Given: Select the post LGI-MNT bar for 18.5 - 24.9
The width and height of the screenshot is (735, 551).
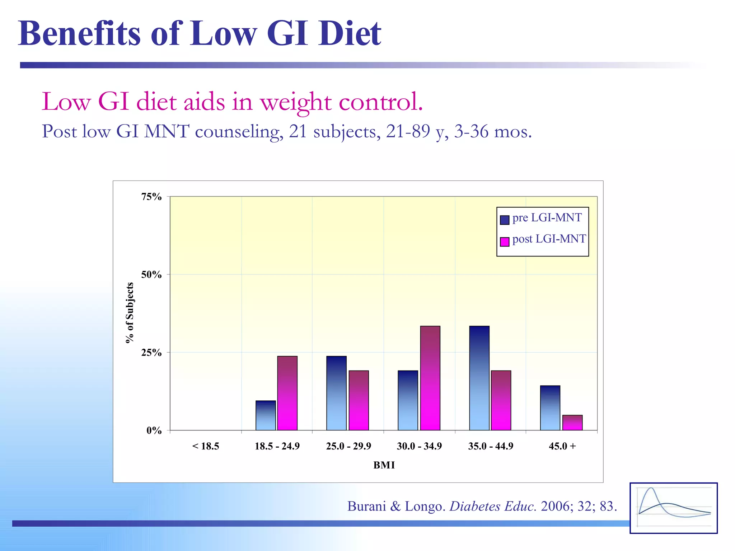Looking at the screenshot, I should click(287, 393).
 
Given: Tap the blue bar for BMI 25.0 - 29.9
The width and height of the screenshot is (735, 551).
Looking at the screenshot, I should click(336, 393).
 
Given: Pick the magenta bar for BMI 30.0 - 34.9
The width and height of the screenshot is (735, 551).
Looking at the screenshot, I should click(430, 378).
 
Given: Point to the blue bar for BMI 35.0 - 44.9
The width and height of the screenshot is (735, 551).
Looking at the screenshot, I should click(479, 378).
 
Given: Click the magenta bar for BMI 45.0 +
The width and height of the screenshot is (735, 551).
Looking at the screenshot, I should click(572, 423).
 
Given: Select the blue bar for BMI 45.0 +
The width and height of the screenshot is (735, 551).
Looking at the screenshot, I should click(550, 408).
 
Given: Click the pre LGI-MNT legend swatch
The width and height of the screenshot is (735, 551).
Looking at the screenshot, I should click(505, 220).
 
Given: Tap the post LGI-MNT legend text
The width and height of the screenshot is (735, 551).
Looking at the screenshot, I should click(549, 239).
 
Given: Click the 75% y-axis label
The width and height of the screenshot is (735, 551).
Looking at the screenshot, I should click(151, 197).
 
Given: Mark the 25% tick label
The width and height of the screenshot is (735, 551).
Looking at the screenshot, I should click(151, 353).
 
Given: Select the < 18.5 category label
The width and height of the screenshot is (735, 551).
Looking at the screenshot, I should click(206, 446).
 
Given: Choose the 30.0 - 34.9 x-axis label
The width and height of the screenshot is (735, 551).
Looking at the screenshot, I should click(419, 446).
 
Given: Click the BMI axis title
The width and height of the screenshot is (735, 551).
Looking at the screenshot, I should click(384, 465).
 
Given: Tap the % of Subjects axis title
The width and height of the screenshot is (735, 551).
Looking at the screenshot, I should click(130, 313).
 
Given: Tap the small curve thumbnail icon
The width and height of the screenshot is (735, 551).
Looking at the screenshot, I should click(673, 508).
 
